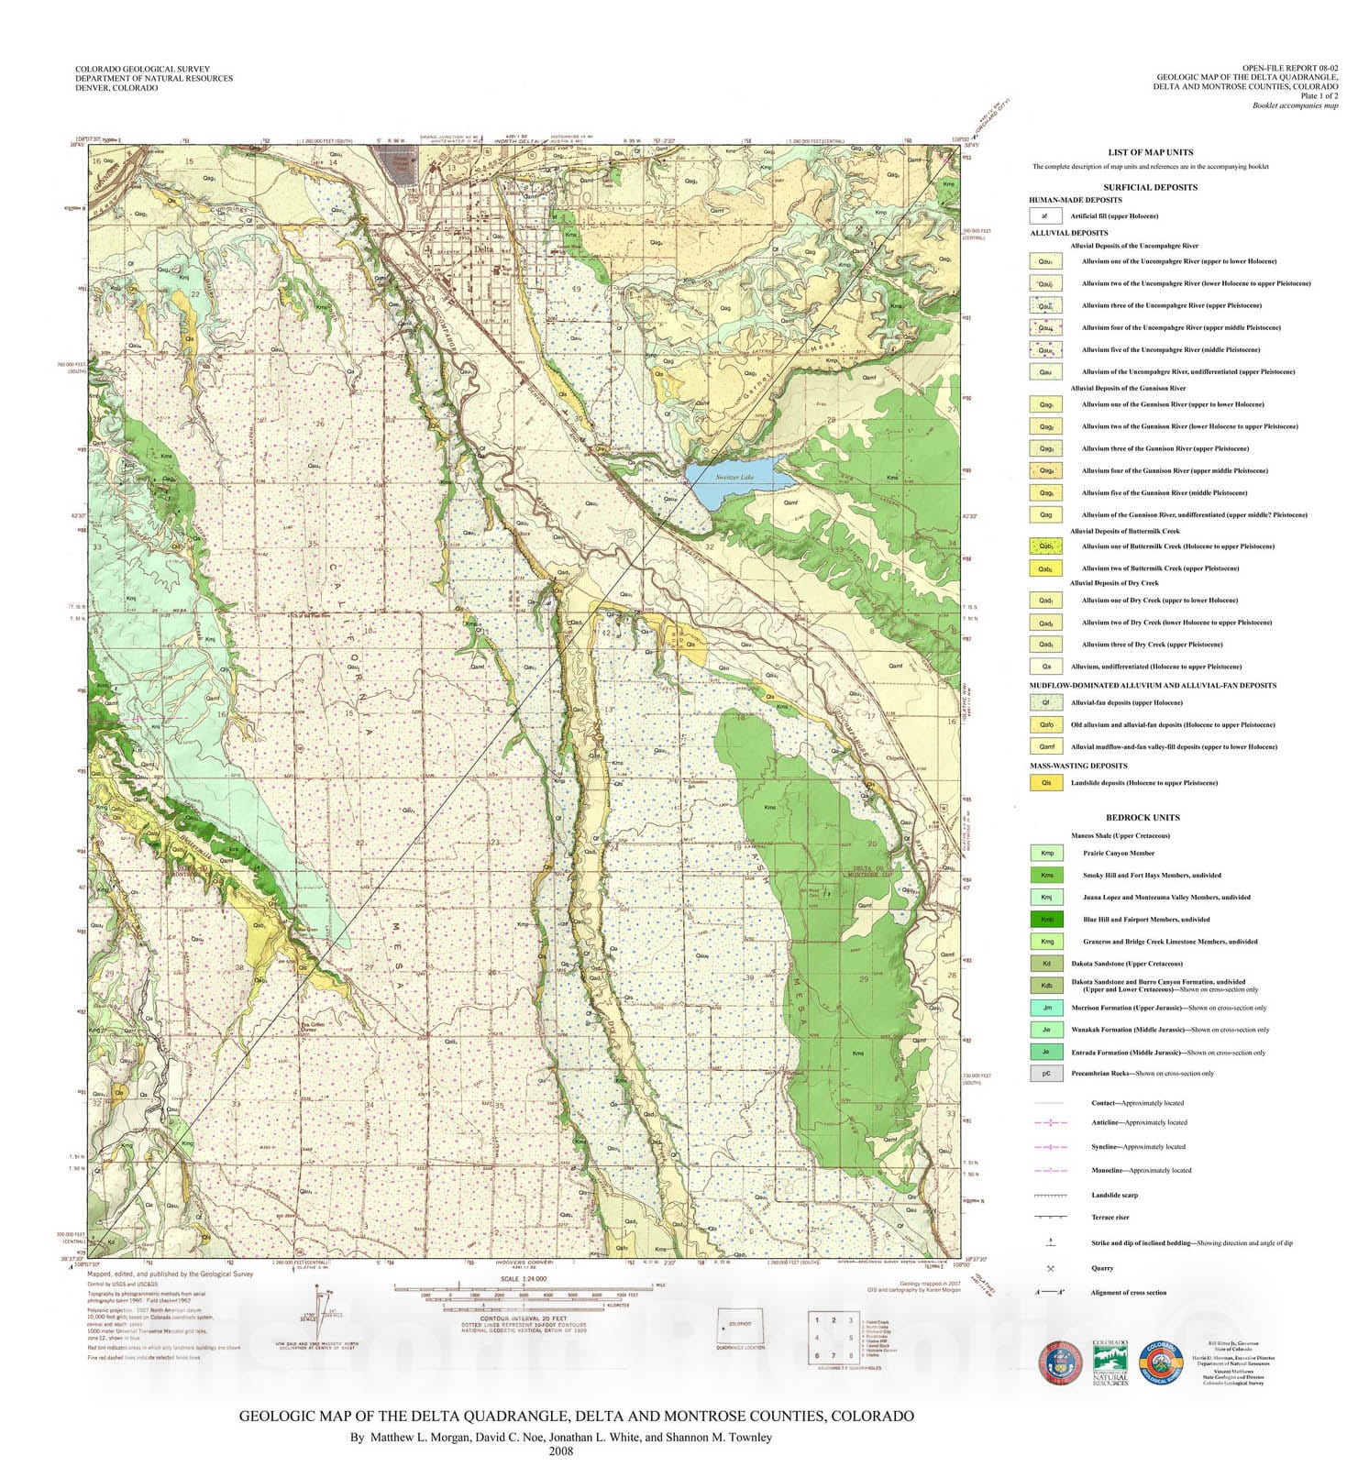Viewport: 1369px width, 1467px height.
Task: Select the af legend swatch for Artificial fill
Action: (x=1044, y=216)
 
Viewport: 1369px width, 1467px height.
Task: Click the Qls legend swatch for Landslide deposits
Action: (x=1046, y=783)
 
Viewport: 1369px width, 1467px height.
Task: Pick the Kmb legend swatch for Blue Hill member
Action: (x=1046, y=920)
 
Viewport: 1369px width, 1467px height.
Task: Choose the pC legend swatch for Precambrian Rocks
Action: (x=1046, y=1074)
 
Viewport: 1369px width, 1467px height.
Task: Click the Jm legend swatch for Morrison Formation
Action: (x=1046, y=1008)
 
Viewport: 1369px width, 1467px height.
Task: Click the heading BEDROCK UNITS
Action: (x=1143, y=817)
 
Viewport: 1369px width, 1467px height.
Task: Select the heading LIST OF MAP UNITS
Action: (x=1150, y=152)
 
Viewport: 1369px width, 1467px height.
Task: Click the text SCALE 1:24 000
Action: (x=523, y=1278)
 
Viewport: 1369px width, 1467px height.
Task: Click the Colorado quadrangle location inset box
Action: (x=741, y=1326)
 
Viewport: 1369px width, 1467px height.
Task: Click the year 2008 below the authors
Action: (x=560, y=1450)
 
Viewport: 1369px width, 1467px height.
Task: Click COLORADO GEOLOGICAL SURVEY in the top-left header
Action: (x=142, y=69)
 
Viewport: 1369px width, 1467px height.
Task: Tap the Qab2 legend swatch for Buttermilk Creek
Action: (x=1045, y=568)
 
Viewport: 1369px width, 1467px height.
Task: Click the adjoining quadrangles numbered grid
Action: (x=834, y=1338)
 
